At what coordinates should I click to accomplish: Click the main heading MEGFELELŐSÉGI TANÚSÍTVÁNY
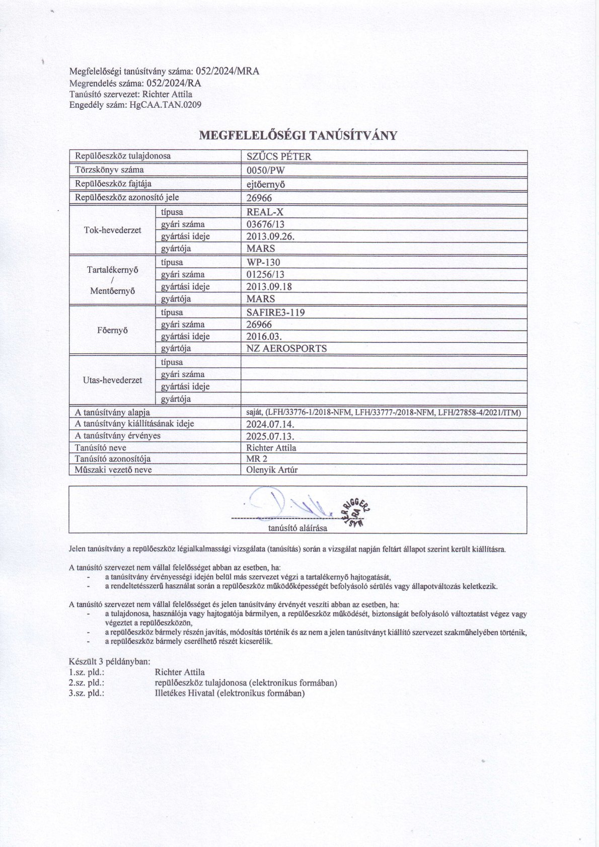tap(298, 135)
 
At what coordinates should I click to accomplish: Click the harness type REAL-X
tap(265, 212)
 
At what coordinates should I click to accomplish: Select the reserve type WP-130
tap(263, 262)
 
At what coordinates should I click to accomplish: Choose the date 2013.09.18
tap(269, 286)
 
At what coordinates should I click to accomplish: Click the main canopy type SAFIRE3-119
tap(276, 312)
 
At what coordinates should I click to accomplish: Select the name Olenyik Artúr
tap(272, 470)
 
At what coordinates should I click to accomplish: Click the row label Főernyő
tap(112, 331)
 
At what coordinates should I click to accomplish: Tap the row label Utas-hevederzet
tap(112, 380)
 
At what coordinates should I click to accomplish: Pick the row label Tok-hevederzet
tap(112, 230)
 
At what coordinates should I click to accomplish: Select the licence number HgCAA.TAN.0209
tap(165, 105)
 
